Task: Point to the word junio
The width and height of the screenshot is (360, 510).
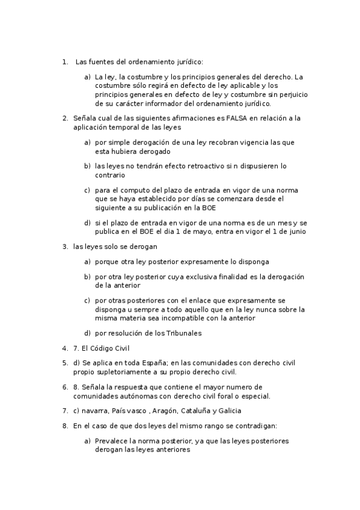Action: (x=296, y=232)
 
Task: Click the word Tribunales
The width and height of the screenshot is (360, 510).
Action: (x=178, y=333)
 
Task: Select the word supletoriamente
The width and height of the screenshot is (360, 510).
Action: (x=125, y=372)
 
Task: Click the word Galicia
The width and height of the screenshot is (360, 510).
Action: (x=225, y=411)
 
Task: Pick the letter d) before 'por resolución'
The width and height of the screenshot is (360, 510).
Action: (x=88, y=333)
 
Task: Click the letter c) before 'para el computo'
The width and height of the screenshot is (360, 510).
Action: (x=88, y=190)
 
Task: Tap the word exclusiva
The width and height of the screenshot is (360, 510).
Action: (x=201, y=277)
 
